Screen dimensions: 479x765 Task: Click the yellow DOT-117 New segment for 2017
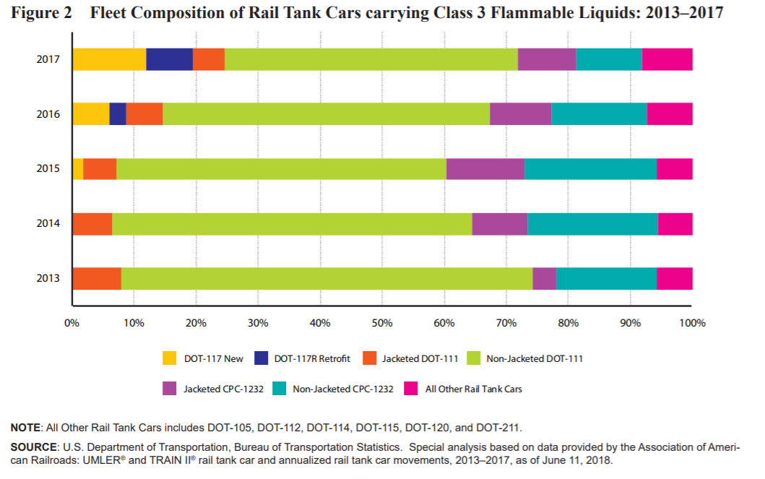coord(108,59)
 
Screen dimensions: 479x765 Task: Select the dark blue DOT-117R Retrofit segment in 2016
coord(118,114)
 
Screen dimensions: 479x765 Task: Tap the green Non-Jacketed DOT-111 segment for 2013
coord(327,279)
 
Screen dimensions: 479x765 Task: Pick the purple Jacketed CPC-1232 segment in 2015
coord(485,169)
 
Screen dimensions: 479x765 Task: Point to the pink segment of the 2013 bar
coord(675,279)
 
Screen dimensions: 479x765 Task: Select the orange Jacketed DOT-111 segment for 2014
coord(92,224)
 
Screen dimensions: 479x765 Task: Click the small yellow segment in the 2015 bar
coord(78,169)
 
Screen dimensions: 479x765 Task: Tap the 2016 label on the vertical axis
coord(48,114)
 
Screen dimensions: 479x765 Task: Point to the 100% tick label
coord(692,323)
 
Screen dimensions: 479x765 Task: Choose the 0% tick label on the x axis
coord(72,323)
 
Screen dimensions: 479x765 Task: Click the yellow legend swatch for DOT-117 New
coord(170,358)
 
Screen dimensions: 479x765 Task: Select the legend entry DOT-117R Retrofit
coord(312,358)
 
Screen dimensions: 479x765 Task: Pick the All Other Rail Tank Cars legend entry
coord(472,389)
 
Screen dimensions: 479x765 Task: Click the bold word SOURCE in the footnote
coord(31,448)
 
